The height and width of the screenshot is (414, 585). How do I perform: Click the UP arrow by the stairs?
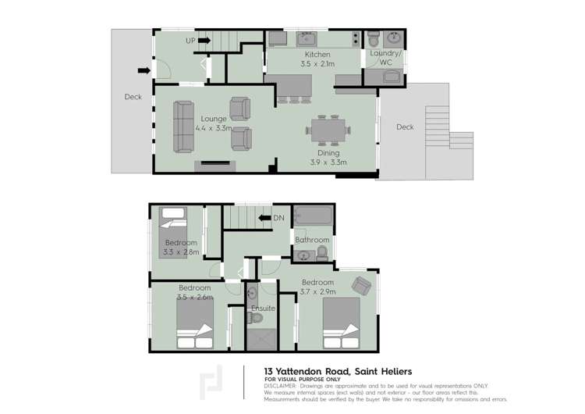pos(204,40)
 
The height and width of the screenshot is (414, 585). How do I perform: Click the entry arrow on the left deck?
pos(144,70)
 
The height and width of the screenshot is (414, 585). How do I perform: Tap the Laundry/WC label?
pos(385,57)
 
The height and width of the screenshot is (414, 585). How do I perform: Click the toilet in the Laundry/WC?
pos(373,38)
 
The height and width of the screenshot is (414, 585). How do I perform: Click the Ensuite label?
pos(262,309)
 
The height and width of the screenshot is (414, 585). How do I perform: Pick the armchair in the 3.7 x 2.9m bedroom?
pos(361,286)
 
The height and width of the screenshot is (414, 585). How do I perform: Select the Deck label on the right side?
pos(405,127)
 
